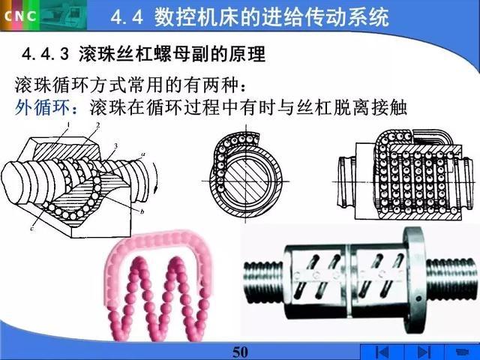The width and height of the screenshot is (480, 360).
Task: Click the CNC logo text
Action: pyautogui.click(x=21, y=16)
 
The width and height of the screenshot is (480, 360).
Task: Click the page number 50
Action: pyautogui.click(x=240, y=352)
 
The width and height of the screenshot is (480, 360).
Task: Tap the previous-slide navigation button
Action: pyautogui.click(x=382, y=352)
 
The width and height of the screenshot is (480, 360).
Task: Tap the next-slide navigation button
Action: pyautogui.click(x=424, y=352)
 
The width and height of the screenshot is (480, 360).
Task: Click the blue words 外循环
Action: pyautogui.click(x=42, y=107)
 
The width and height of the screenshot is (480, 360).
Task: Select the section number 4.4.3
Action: pyautogui.click(x=45, y=55)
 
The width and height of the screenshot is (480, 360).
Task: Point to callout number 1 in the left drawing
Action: pyautogui.click(x=68, y=124)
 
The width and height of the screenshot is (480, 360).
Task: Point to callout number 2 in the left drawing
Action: pyautogui.click(x=98, y=125)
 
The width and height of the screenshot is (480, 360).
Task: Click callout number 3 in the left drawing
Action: pyautogui.click(x=115, y=146)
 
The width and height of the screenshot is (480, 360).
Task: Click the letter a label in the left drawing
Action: pyautogui.click(x=142, y=154)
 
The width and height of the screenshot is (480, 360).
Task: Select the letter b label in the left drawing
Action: pyautogui.click(x=142, y=211)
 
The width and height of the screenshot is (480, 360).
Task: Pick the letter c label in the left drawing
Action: pyautogui.click(x=32, y=228)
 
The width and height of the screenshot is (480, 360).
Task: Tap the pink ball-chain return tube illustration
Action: pyautogui.click(x=159, y=286)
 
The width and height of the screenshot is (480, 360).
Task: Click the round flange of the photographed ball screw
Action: pyautogui.click(x=415, y=280)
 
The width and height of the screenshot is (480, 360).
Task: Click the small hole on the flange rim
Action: pyautogui.click(x=418, y=298)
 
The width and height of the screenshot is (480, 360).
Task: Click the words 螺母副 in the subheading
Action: pyautogui.click(x=181, y=55)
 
